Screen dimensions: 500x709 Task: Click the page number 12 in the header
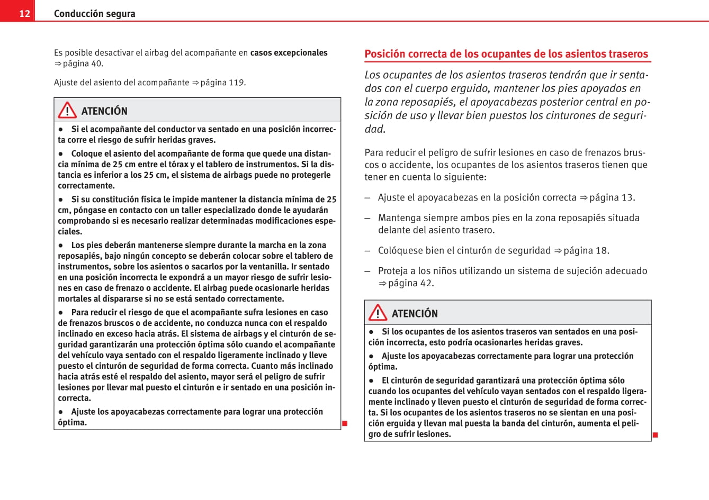pyautogui.click(x=24, y=13)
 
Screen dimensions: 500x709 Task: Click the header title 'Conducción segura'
pyautogui.click(x=94, y=13)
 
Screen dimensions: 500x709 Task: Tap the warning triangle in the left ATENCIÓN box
pyautogui.click(x=67, y=110)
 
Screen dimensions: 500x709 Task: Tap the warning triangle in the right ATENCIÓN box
pyautogui.click(x=378, y=313)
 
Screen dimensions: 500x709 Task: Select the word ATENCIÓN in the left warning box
pyautogui.click(x=104, y=111)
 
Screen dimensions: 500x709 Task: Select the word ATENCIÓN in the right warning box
pyautogui.click(x=415, y=314)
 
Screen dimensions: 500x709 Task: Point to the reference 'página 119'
pyautogui.click(x=222, y=83)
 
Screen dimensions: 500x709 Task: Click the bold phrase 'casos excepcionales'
pyautogui.click(x=289, y=53)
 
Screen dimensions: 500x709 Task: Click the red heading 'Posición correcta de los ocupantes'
pyautogui.click(x=506, y=54)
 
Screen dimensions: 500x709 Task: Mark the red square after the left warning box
pyautogui.click(x=345, y=423)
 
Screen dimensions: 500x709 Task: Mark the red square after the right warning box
pyautogui.click(x=655, y=435)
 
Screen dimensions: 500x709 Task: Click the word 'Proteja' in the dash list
pyautogui.click(x=393, y=271)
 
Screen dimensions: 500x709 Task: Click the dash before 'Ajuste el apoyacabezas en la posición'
pyautogui.click(x=367, y=197)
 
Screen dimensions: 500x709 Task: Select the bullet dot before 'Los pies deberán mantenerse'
pyautogui.click(x=61, y=245)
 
